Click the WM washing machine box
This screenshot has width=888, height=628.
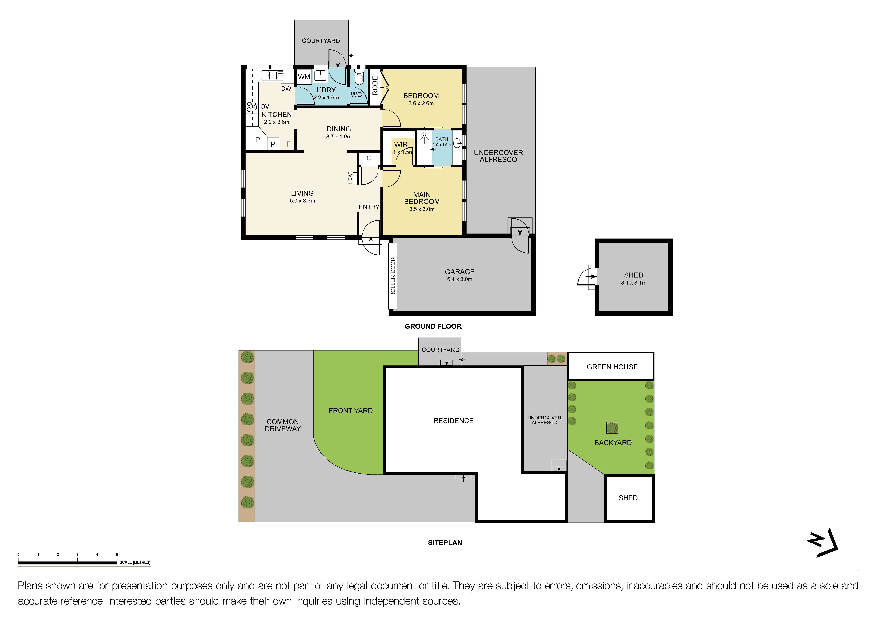pyautogui.click(x=304, y=77)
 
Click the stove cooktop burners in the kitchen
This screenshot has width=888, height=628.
pyautogui.click(x=251, y=107)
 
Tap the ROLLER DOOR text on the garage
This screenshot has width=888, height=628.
pyautogui.click(x=393, y=277)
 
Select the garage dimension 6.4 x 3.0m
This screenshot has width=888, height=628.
pyautogui.click(x=460, y=279)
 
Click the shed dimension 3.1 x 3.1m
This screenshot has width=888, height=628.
pyautogui.click(x=634, y=283)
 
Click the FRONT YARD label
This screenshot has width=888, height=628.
pyautogui.click(x=350, y=411)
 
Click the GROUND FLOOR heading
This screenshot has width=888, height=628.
pyautogui.click(x=433, y=326)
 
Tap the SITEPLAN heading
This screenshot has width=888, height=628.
pyautogui.click(x=445, y=542)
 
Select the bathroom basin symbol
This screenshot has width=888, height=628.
pyautogui.click(x=457, y=143)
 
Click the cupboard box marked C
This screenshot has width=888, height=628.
pyautogui.click(x=369, y=158)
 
